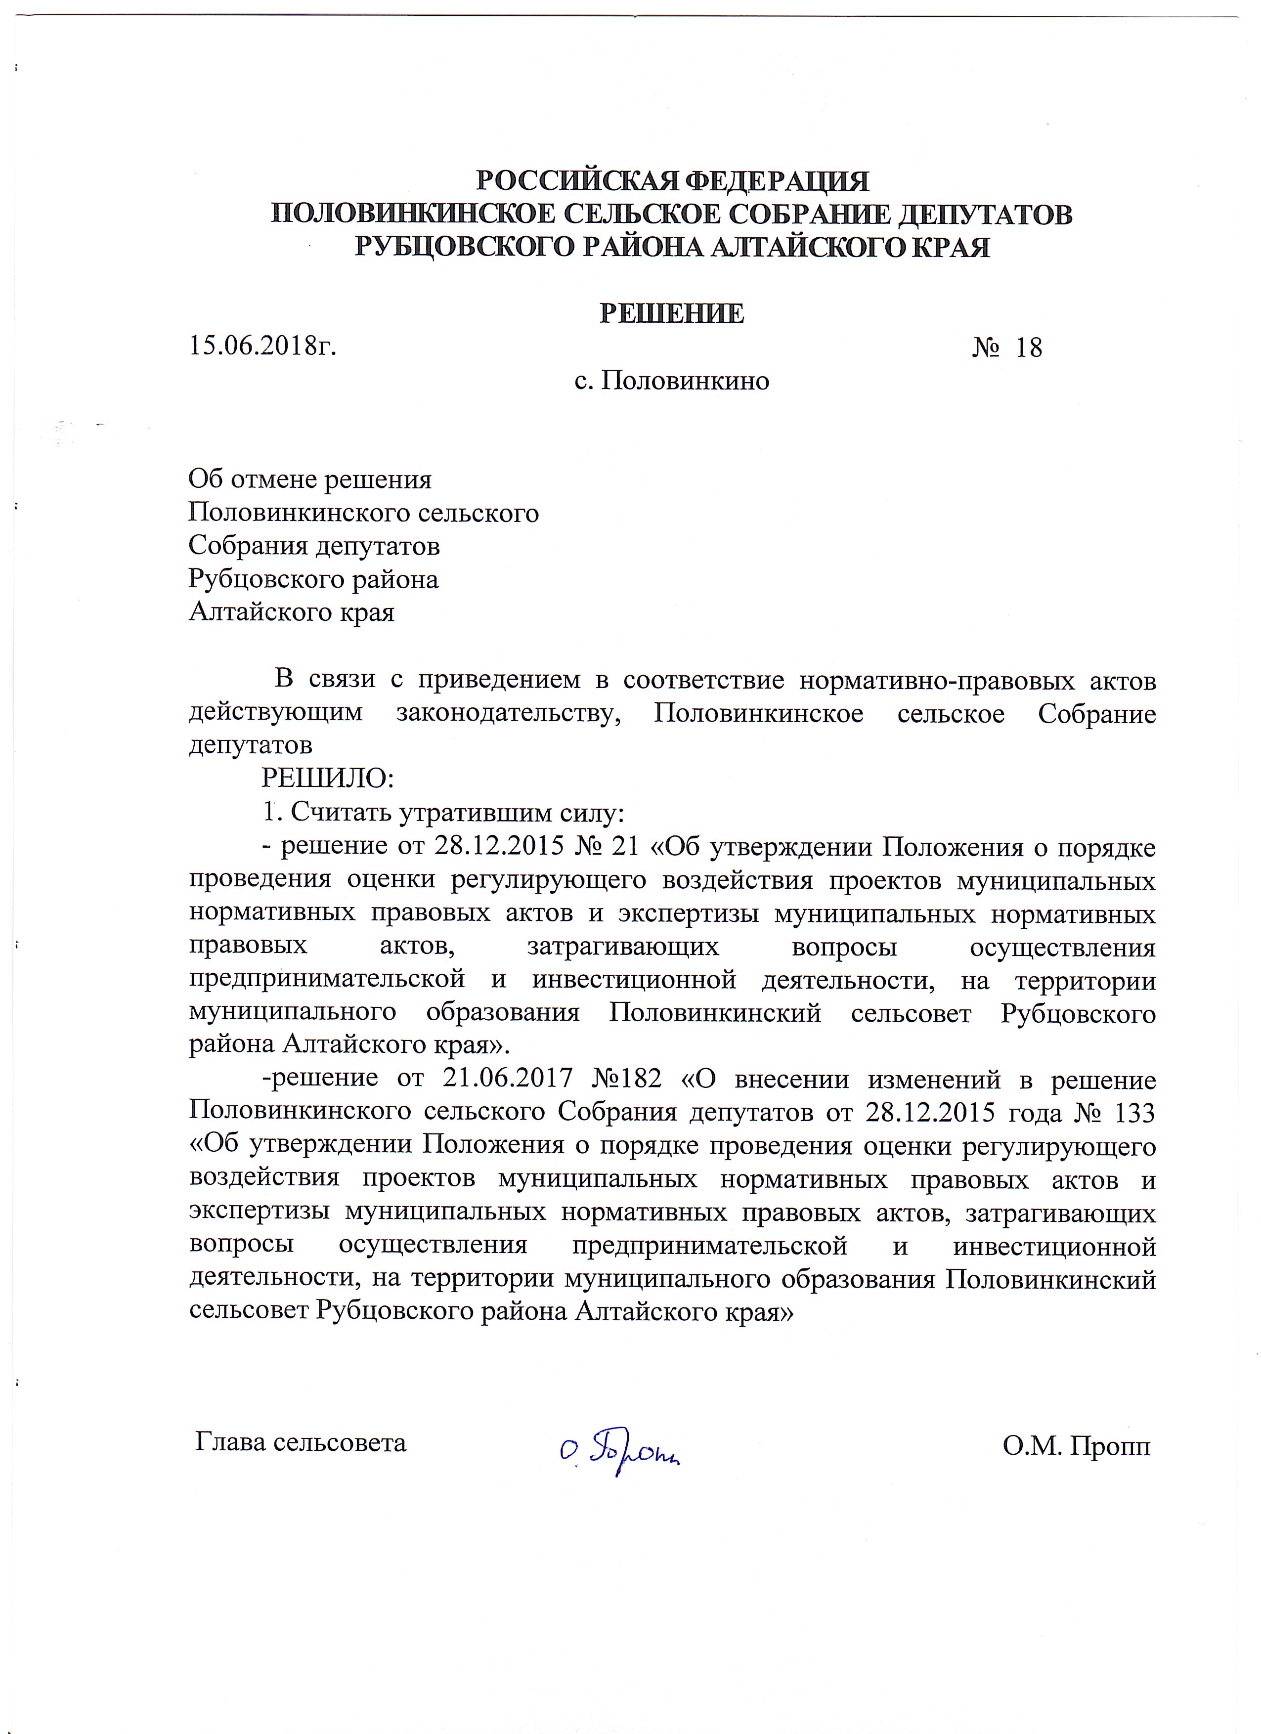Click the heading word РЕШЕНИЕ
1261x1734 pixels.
coord(671,313)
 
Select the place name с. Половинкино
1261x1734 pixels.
coord(671,380)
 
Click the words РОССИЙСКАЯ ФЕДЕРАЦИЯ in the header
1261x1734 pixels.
coord(672,181)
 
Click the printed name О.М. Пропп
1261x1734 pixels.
coord(1075,1443)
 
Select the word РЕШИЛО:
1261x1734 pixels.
coord(327,779)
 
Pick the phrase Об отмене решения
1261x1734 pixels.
coord(310,479)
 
